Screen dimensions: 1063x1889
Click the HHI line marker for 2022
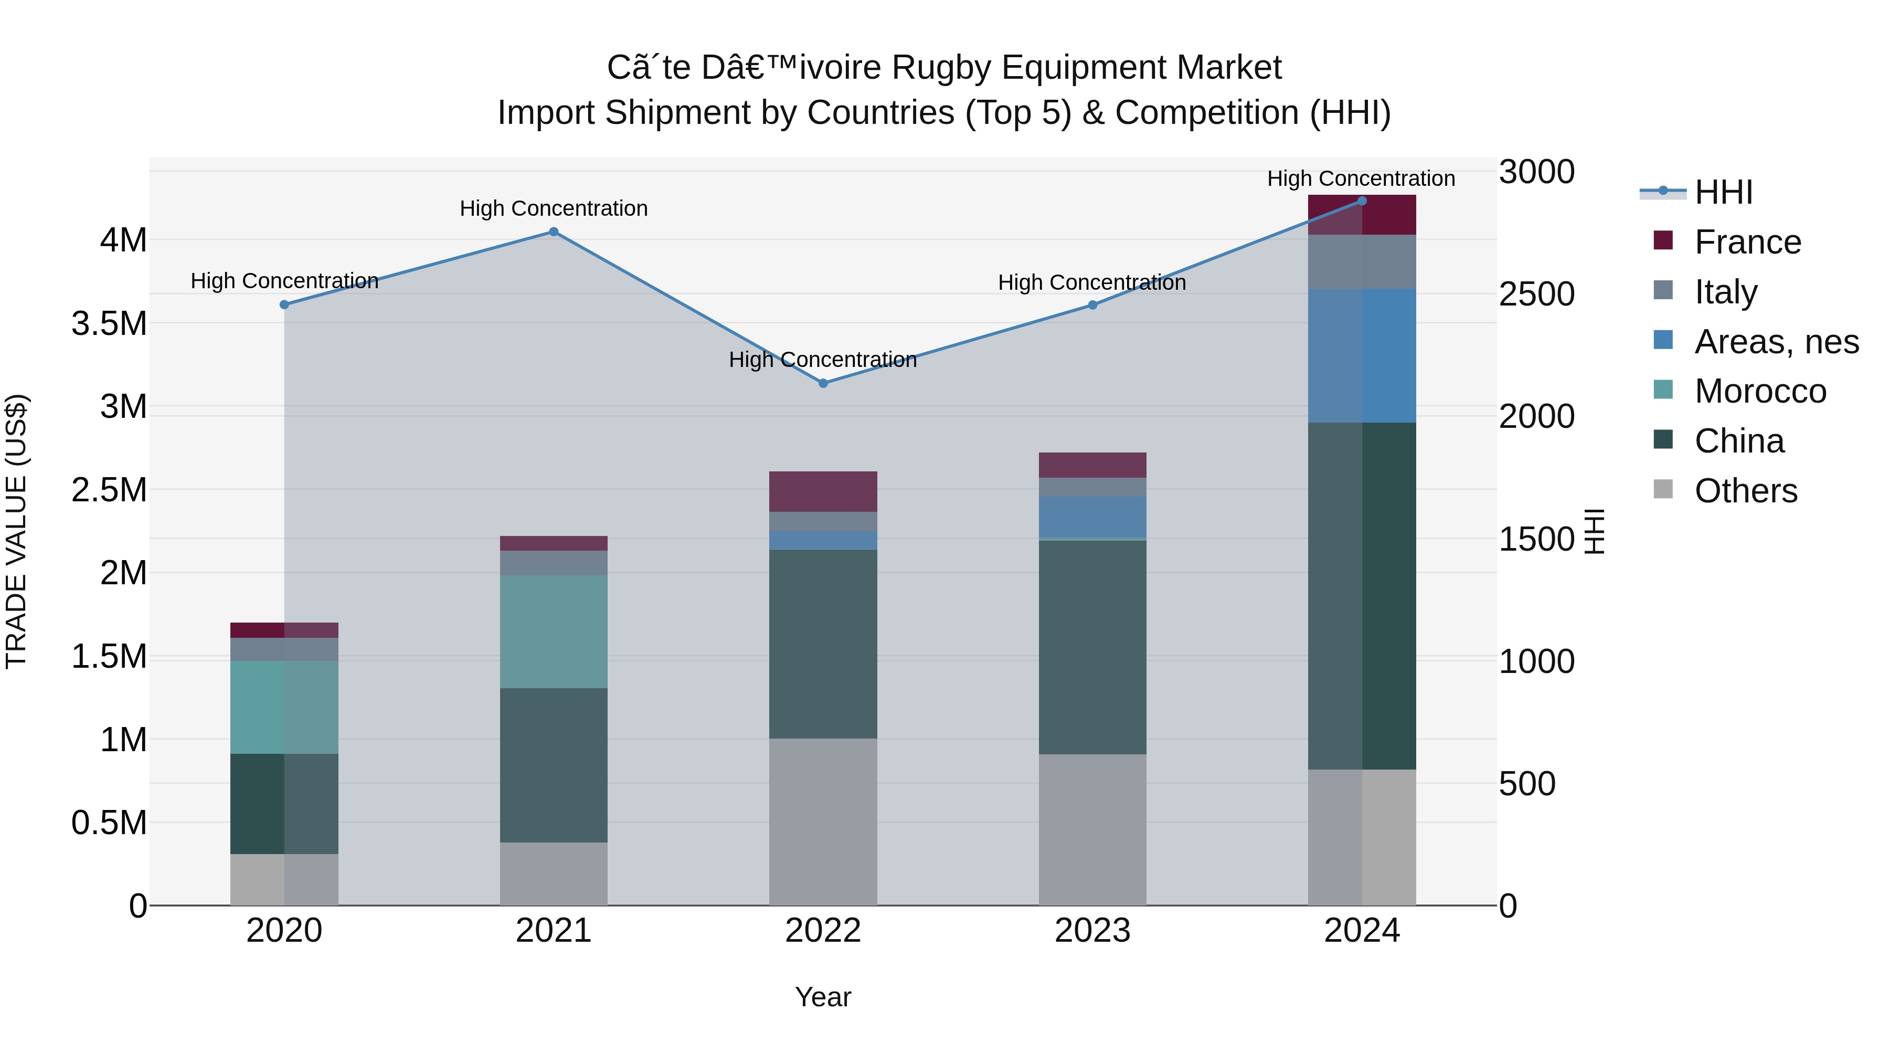[823, 383]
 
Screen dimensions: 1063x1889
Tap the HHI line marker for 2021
[554, 232]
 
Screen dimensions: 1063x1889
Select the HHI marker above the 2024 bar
[1362, 201]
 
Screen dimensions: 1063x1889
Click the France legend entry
[1747, 242]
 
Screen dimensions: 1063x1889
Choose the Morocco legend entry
[1760, 391]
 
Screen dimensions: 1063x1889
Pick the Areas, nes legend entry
[1776, 342]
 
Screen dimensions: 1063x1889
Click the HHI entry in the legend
[1723, 192]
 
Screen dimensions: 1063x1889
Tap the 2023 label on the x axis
[1092, 931]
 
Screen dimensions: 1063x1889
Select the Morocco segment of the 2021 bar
[554, 631]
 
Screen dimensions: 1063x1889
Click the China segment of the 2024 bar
[1362, 596]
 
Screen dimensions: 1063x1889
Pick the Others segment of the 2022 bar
[823, 822]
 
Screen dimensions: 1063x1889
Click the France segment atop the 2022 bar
[823, 491]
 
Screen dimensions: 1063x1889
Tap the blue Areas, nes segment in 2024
[1362, 356]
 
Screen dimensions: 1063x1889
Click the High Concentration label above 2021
[554, 208]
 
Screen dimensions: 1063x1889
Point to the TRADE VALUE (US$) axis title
[16, 531]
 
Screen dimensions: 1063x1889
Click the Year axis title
[823, 997]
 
